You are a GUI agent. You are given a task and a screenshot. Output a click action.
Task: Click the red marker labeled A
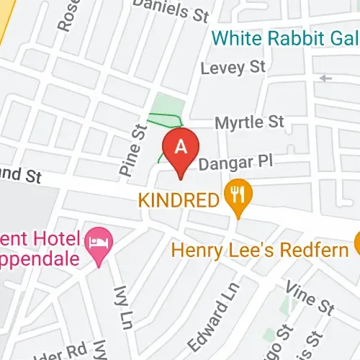click(x=181, y=147)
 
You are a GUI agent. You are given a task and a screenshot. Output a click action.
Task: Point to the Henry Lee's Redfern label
click(x=261, y=250)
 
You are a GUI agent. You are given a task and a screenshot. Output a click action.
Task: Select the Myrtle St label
click(x=249, y=122)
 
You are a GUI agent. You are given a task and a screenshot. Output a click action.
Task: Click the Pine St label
click(x=130, y=151)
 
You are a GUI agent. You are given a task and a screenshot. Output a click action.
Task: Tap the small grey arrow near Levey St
click(x=326, y=77)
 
